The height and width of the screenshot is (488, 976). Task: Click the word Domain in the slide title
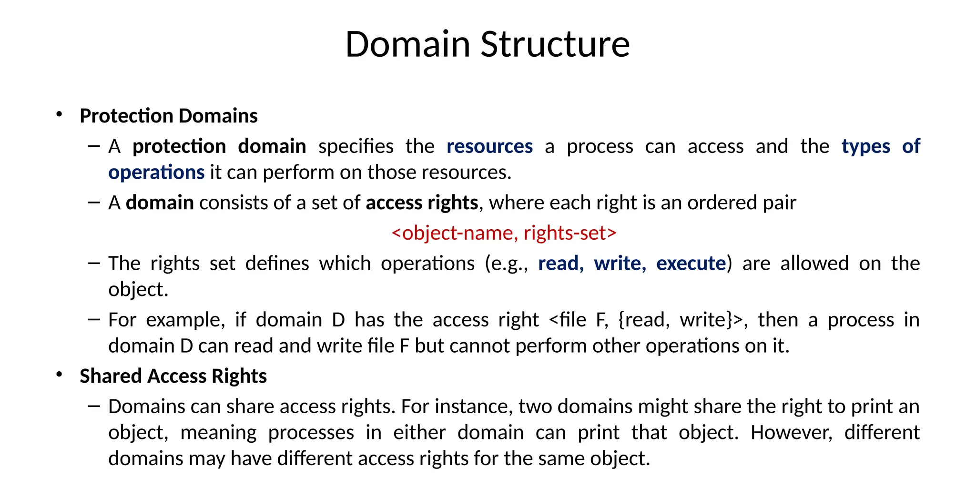pos(407,44)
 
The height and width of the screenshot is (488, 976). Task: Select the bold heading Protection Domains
pos(169,116)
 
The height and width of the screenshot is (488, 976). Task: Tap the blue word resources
pos(489,146)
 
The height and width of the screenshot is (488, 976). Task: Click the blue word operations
pos(156,173)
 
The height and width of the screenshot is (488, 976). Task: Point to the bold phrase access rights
pos(422,203)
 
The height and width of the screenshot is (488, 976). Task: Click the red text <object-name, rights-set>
pos(504,233)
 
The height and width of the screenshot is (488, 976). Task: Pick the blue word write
pos(620,264)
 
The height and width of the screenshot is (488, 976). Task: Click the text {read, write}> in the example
pos(680,320)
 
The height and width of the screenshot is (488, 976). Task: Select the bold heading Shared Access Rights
pos(173,376)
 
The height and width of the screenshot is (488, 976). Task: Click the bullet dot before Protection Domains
pos(59,114)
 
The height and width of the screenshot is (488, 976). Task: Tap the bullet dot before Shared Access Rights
pos(59,375)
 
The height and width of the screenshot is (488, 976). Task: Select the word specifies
pos(356,146)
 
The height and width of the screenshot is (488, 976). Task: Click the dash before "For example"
pos(94,319)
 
